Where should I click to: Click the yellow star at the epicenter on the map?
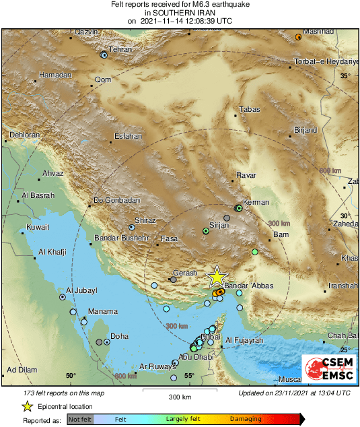(217, 277)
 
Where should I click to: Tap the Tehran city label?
(120, 50)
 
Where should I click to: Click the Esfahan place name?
(128, 136)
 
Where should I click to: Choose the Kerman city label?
(256, 202)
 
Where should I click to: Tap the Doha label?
(119, 336)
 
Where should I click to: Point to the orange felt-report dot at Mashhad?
(299, 36)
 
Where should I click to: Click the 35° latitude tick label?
(345, 76)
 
